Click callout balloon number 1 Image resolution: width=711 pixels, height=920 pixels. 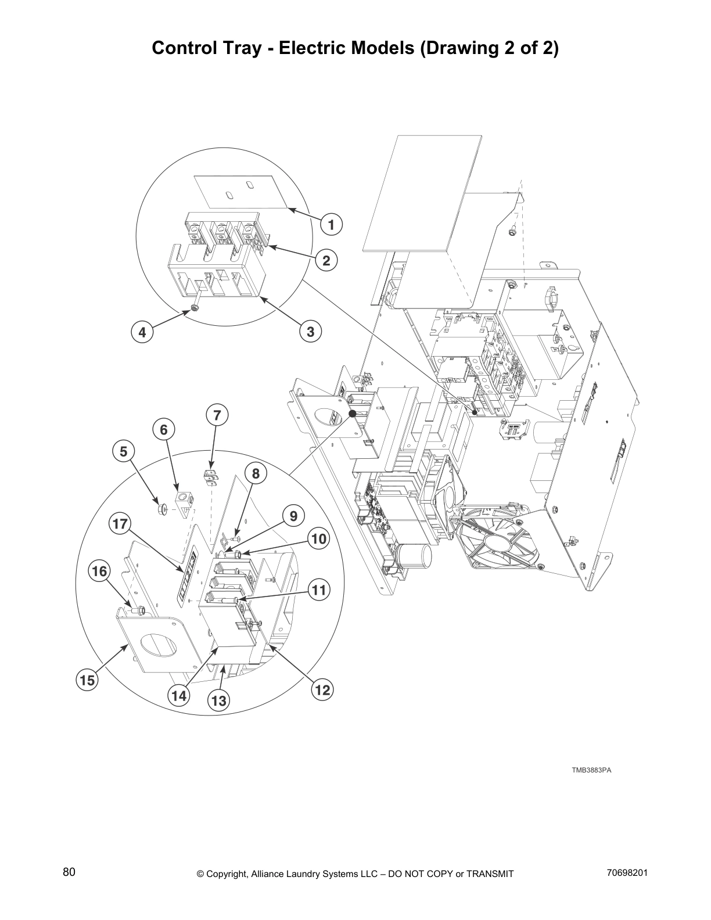[x=331, y=224]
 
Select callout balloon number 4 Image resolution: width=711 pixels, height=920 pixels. [x=142, y=332]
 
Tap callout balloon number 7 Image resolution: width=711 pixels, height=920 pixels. [x=217, y=415]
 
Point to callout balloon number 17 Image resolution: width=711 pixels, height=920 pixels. [x=120, y=524]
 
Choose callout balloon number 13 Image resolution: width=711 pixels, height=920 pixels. [x=218, y=700]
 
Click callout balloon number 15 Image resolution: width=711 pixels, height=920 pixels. [x=87, y=680]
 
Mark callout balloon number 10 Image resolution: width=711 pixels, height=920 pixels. [x=319, y=539]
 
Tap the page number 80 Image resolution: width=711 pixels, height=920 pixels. [x=69, y=872]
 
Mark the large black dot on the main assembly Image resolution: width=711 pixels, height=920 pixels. [x=352, y=414]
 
